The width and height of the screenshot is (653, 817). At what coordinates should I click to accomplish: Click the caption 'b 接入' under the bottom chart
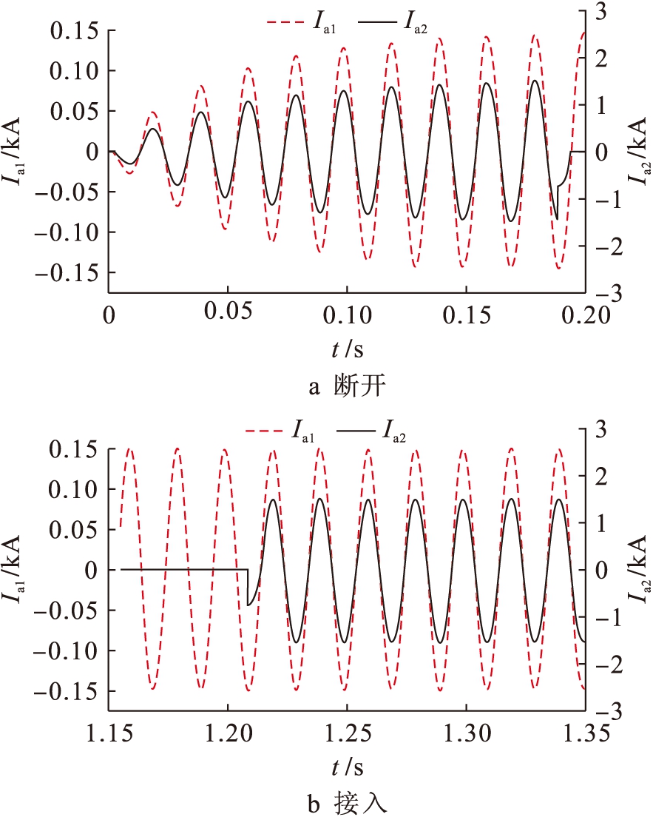(x=345, y=803)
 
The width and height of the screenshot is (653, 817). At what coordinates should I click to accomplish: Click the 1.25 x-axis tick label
(x=347, y=735)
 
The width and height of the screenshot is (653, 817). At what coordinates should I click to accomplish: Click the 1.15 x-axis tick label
(x=109, y=735)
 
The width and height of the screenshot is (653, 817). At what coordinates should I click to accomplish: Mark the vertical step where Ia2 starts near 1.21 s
(x=247, y=588)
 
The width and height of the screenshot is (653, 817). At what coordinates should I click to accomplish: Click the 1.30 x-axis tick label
(x=466, y=735)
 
